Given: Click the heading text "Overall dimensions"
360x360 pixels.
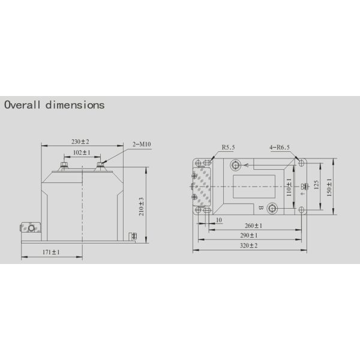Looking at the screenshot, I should pyautogui.click(x=55, y=105).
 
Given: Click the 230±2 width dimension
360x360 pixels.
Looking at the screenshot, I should pyautogui.click(x=80, y=142).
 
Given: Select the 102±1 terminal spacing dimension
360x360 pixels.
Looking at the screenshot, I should pyautogui.click(x=81, y=153).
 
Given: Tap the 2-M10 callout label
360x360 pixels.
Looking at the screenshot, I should pyautogui.click(x=142, y=145).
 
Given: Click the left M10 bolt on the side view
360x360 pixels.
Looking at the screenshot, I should pyautogui.click(x=63, y=166).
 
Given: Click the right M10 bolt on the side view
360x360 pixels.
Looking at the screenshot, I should pyautogui.click(x=100, y=166).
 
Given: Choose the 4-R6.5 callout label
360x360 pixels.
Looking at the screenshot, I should pyautogui.click(x=280, y=147).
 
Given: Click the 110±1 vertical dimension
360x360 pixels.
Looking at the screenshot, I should pyautogui.click(x=289, y=187).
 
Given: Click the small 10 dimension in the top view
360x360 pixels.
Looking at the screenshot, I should pyautogui.click(x=219, y=220).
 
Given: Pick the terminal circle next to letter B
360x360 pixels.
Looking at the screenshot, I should pyautogui.click(x=272, y=208).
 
